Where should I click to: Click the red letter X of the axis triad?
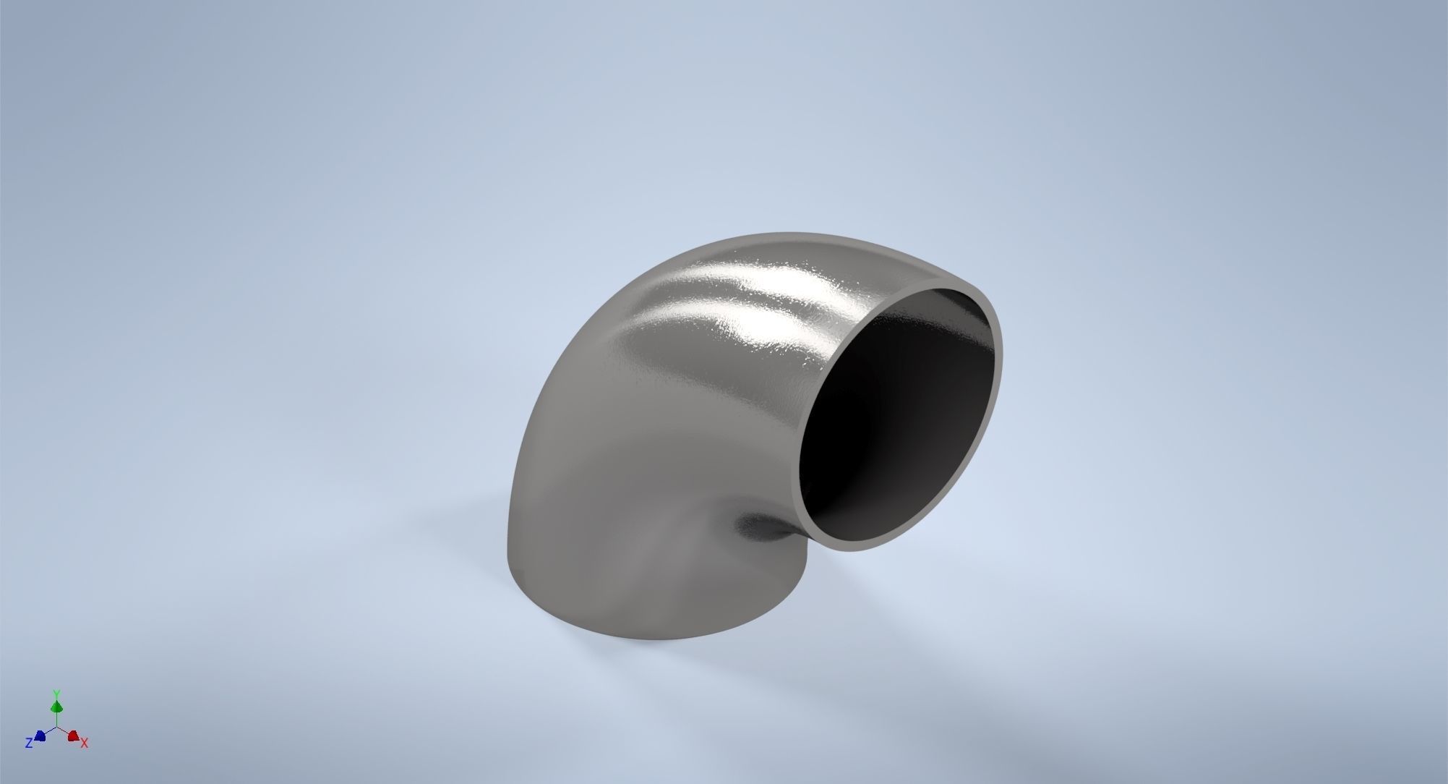pos(85,743)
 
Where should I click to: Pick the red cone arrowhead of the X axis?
pos(73,736)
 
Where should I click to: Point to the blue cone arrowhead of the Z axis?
pos(40,736)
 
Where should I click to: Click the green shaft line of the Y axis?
pos(56,719)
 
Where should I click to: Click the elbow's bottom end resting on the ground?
pos(614,622)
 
